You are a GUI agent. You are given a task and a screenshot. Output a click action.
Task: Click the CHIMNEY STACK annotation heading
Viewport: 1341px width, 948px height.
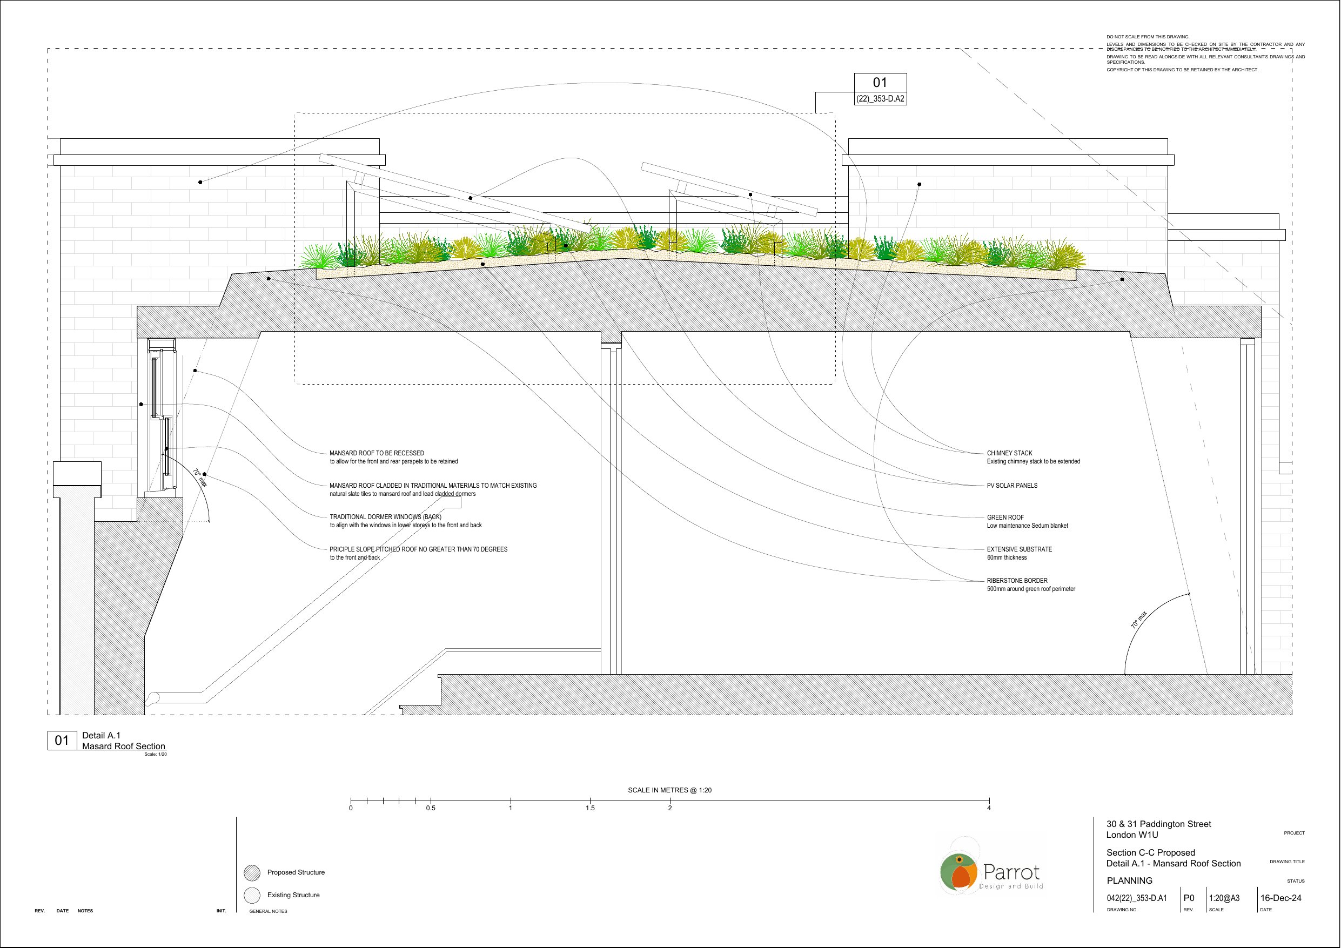[x=1009, y=453]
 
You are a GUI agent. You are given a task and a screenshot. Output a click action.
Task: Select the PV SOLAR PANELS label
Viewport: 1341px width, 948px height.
[x=1012, y=486]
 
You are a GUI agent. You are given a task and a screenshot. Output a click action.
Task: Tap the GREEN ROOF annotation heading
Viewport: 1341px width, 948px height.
[x=1005, y=517]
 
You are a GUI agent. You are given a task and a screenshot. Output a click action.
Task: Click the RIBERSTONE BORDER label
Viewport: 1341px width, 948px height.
[x=1017, y=581]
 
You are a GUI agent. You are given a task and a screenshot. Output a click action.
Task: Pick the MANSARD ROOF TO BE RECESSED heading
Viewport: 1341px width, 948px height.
[x=377, y=453]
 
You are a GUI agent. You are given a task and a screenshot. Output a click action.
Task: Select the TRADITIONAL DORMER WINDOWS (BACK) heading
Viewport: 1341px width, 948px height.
[x=385, y=517]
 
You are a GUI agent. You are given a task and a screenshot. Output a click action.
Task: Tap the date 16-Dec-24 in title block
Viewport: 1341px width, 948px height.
[x=1281, y=898]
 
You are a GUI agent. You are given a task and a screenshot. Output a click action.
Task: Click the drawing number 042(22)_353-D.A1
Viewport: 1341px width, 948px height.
[x=1137, y=898]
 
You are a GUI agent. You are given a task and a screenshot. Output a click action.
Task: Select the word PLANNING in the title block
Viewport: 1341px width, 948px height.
[x=1130, y=880]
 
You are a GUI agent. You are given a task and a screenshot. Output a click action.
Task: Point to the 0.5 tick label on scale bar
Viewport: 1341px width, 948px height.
[x=431, y=809]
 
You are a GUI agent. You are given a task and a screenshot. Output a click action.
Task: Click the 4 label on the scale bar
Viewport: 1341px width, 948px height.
[x=989, y=809]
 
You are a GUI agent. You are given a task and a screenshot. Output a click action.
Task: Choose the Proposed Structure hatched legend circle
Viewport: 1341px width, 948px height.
[x=252, y=873]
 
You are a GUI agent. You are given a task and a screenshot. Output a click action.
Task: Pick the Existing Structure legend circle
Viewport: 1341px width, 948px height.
[x=252, y=895]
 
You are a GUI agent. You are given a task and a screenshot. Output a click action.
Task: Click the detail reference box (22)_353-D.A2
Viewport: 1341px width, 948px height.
[x=880, y=99]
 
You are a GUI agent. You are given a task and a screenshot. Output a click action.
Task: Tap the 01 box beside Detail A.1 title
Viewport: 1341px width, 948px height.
[x=62, y=741]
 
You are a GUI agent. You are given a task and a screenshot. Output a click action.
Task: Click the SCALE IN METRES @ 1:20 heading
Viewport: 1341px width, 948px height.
[x=669, y=790]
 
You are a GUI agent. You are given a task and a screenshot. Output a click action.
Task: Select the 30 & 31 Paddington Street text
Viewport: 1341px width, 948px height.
[x=1159, y=824]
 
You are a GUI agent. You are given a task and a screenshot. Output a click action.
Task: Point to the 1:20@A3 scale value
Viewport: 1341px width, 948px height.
[x=1224, y=898]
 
